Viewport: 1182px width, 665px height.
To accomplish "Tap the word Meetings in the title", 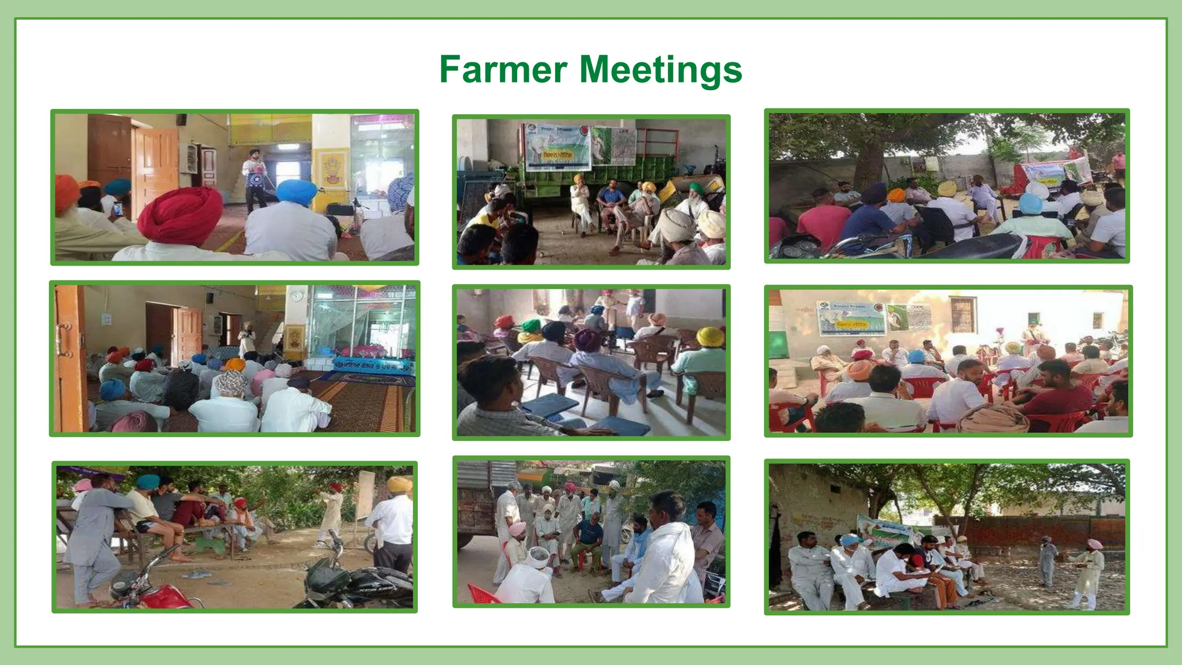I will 660,70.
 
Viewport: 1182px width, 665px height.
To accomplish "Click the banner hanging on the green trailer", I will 557,147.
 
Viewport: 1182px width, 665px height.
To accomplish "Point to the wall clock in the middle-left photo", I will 296,296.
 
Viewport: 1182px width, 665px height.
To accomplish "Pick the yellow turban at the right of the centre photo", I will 710,337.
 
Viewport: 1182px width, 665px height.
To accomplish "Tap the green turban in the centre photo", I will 531,326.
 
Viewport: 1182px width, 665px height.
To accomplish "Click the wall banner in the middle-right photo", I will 850,318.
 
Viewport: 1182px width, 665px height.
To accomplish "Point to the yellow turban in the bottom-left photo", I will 399,484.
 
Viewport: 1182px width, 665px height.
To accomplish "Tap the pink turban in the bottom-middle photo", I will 517,529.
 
